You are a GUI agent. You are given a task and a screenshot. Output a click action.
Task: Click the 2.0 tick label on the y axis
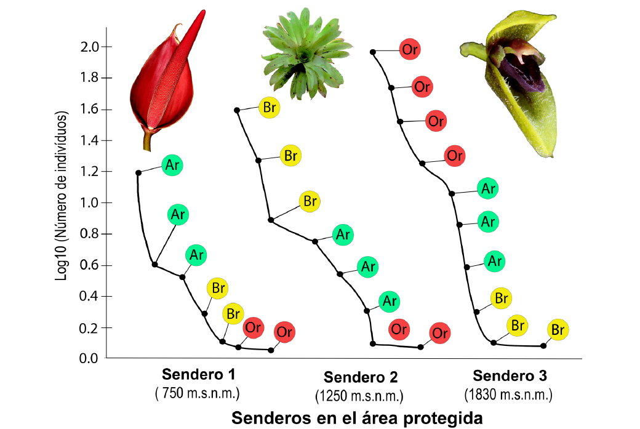pos(91,47)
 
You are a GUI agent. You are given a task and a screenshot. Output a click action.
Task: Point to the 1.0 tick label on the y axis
pos(91,203)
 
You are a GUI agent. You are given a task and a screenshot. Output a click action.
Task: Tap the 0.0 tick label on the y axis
pos(91,358)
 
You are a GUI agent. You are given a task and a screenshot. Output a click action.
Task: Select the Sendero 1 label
pos(198,374)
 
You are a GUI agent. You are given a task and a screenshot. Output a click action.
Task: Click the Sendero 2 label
pos(361,377)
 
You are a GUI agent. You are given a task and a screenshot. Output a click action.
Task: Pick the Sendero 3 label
pos(510,375)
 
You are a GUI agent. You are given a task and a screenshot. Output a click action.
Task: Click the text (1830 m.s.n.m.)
pos(509,394)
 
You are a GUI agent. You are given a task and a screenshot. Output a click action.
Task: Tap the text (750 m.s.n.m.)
pos(198,393)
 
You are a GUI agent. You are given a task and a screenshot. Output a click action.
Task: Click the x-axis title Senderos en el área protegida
pos(356,418)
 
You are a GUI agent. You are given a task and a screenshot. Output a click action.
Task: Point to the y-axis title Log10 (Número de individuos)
pos(62,196)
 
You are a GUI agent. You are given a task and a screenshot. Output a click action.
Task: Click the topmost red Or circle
pos(409,49)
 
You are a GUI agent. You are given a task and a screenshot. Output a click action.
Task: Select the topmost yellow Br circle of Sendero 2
pos(269,107)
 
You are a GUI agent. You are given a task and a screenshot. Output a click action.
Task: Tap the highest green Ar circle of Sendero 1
pos(172,165)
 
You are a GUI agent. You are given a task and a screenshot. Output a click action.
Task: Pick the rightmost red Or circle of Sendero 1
pos(284,332)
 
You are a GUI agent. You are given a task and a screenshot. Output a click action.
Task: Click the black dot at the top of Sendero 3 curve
pos(373,52)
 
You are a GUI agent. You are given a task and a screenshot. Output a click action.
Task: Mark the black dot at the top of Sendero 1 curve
pos(138,173)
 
